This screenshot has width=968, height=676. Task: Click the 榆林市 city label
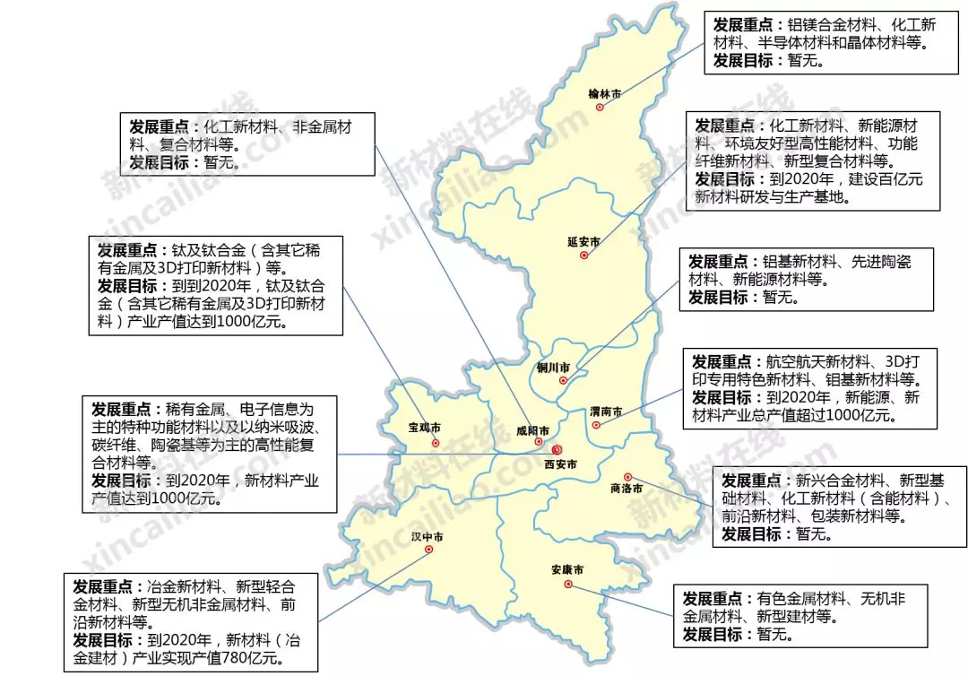pyautogui.click(x=605, y=93)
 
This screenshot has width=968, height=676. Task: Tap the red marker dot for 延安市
pyautogui.click(x=583, y=256)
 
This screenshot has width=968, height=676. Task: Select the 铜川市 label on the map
pyautogui.click(x=552, y=367)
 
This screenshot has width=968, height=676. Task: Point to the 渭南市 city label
pyautogui.click(x=607, y=412)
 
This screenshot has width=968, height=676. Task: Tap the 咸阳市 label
pyautogui.click(x=532, y=430)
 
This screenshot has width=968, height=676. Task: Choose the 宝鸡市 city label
pyautogui.click(x=424, y=428)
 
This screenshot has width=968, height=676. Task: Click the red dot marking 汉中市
pyautogui.click(x=428, y=550)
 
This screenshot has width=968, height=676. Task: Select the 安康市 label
pyautogui.click(x=567, y=570)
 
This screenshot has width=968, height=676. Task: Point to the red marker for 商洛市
pyautogui.click(x=627, y=477)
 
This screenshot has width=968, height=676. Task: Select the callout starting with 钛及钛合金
pyautogui.click(x=216, y=286)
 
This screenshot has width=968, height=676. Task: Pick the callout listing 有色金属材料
pyautogui.click(x=800, y=616)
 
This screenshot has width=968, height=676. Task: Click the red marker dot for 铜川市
pyautogui.click(x=562, y=381)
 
